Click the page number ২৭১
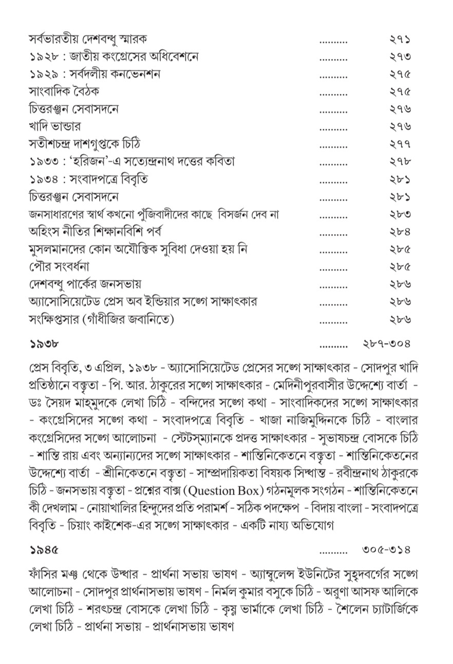click(400, 39)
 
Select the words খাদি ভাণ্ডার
click(54, 126)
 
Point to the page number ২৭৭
click(400, 145)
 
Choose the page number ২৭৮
click(400, 162)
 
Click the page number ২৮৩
click(400, 215)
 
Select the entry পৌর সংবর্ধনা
click(60, 267)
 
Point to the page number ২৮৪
click(400, 233)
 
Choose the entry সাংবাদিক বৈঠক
click(64, 91)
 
